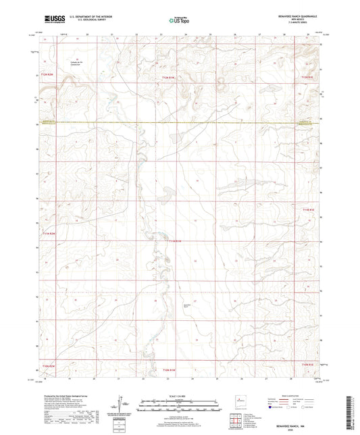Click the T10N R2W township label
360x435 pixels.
pyautogui.click(x=47, y=365)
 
